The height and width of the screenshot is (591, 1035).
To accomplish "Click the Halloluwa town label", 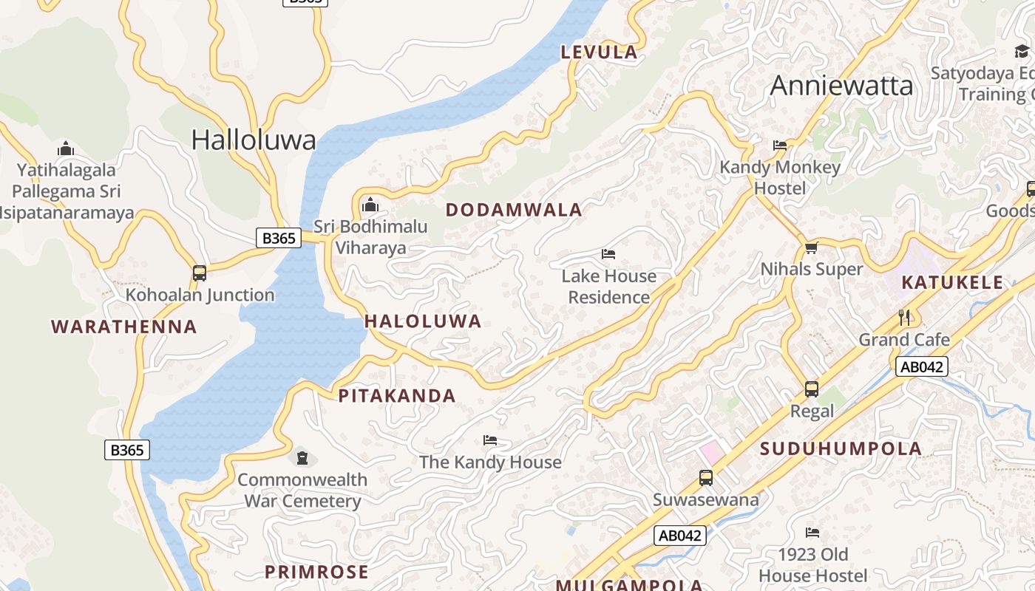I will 254,140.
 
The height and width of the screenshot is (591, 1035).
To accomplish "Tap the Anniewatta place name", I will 841,86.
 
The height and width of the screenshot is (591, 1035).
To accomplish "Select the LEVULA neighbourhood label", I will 599,52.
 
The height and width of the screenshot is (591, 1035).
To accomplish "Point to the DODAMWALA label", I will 514,210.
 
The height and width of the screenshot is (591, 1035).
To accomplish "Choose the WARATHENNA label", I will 124,327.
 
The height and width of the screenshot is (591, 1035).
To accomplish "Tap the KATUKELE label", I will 952,282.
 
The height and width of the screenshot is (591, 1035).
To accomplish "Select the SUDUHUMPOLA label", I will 841,448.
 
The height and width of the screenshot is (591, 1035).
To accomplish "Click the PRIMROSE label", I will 316,572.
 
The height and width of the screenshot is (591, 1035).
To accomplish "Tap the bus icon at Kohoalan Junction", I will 200,273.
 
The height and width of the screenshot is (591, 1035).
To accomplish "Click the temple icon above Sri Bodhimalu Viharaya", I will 370,205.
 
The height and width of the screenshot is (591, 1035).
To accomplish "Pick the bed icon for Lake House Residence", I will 608,254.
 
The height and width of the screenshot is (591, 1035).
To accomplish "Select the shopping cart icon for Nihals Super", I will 812,247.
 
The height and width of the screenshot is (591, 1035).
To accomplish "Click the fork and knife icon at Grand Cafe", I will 904,318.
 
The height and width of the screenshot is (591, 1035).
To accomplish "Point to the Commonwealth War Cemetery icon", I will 302,458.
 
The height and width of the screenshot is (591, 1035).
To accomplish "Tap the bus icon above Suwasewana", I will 706,478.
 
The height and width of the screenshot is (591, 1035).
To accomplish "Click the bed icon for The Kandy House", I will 490,440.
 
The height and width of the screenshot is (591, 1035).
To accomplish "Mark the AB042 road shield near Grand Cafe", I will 921,366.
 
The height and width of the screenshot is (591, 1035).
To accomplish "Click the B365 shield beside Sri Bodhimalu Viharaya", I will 279,238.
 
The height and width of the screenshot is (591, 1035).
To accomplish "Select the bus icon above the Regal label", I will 812,389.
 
